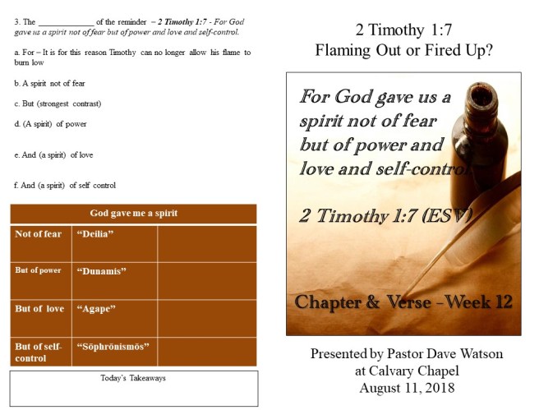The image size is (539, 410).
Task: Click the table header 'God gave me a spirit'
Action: [x=133, y=214]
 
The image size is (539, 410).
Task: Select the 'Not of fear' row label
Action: [x=38, y=234]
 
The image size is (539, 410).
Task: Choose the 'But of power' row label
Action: [x=38, y=270]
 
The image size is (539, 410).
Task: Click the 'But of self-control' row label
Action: [x=39, y=352]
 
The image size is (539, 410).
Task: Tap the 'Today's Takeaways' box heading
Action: [x=133, y=378]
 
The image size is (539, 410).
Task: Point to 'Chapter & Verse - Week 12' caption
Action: [x=403, y=302]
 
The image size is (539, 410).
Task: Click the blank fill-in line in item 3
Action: [x=67, y=22]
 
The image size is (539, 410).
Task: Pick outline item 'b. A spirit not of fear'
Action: [x=50, y=84]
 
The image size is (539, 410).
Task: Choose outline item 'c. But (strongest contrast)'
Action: [x=57, y=104]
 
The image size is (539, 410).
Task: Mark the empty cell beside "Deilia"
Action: [x=206, y=243]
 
